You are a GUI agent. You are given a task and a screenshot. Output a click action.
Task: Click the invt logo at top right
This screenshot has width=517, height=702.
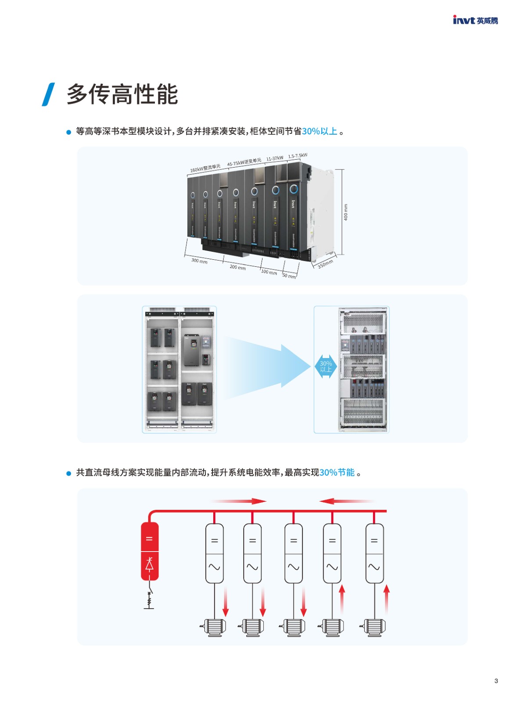475,20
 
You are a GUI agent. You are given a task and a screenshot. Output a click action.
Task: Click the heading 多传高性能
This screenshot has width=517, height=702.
122,94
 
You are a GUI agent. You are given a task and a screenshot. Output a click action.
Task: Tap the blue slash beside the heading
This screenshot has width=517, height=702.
48,94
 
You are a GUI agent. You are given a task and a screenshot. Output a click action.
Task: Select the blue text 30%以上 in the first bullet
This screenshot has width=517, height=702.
320,131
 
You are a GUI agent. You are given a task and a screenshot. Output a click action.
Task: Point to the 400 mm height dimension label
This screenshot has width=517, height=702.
345,212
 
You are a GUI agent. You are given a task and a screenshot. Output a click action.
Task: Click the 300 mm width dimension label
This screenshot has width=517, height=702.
199,261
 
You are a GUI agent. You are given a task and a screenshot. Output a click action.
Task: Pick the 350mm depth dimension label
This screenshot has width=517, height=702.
325,264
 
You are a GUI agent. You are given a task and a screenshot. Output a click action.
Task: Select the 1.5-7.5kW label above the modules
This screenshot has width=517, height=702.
298,156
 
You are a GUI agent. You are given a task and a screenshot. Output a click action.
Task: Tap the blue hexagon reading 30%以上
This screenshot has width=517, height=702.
326,366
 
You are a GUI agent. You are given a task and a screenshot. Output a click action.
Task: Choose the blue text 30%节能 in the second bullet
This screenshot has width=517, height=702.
337,473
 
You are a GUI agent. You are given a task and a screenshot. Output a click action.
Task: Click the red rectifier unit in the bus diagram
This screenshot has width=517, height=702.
149,551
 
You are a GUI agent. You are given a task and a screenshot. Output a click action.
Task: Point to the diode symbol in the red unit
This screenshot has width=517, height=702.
149,564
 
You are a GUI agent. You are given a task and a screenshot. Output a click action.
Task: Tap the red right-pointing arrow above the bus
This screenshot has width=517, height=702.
239,501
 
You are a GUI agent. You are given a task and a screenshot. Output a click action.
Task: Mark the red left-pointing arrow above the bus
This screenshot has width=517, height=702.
347,501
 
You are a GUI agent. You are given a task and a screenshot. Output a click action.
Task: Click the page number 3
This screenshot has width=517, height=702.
496,681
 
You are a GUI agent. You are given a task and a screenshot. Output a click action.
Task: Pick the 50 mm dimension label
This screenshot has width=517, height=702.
289,276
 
